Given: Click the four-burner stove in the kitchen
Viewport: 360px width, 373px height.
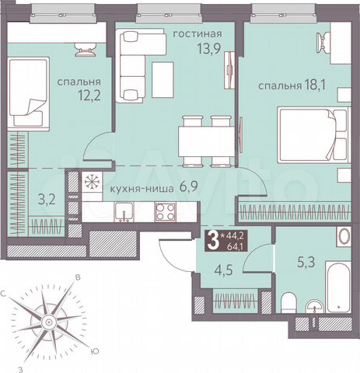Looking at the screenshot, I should click(165, 211).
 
